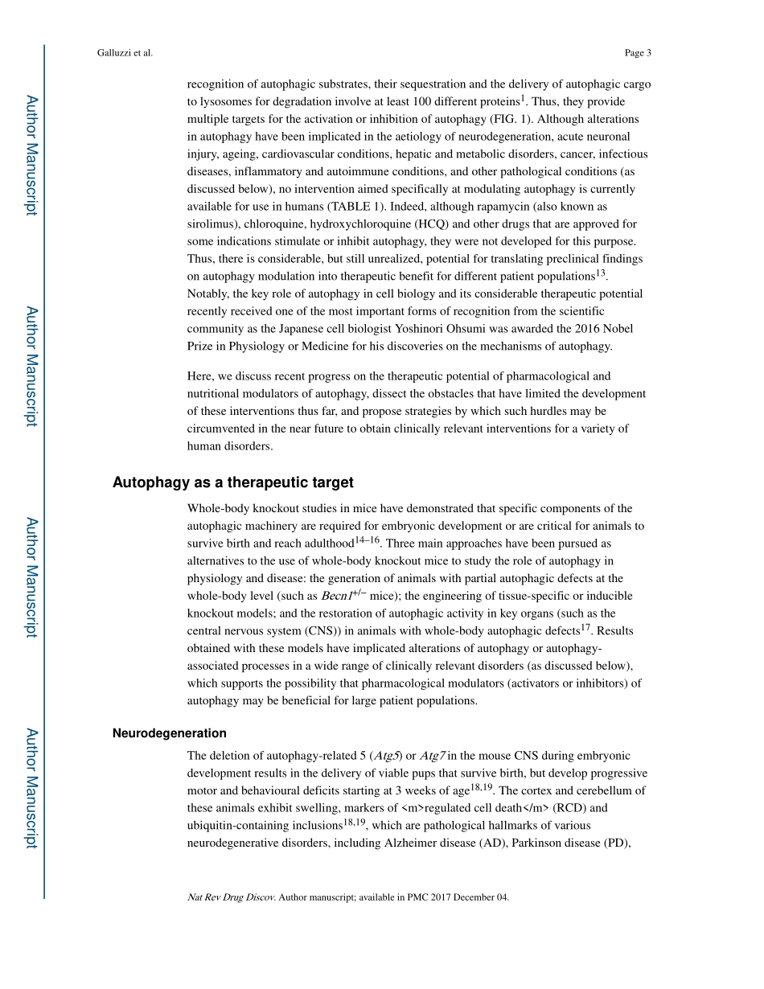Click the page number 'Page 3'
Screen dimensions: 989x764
(x=637, y=53)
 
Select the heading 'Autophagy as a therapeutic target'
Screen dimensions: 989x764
(x=232, y=482)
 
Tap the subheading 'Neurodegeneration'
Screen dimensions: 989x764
(x=169, y=733)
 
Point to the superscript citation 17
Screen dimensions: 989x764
(x=585, y=628)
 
